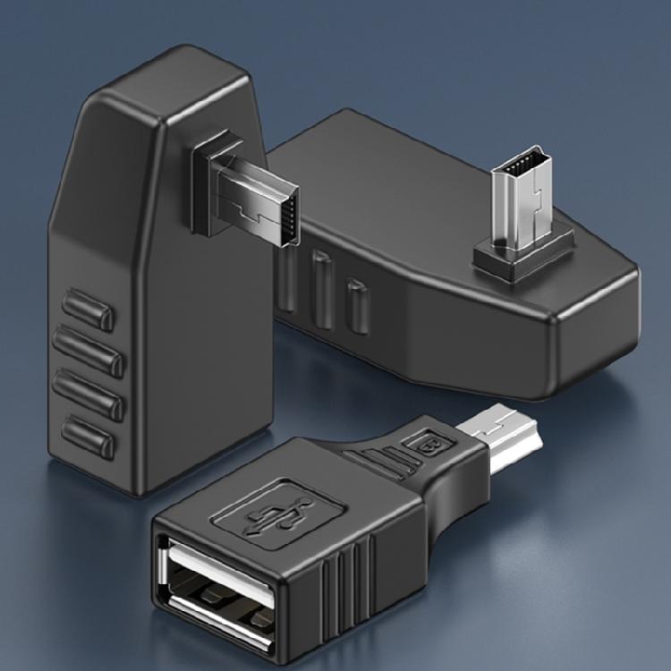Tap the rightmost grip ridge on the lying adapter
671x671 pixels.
tap(357, 304)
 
